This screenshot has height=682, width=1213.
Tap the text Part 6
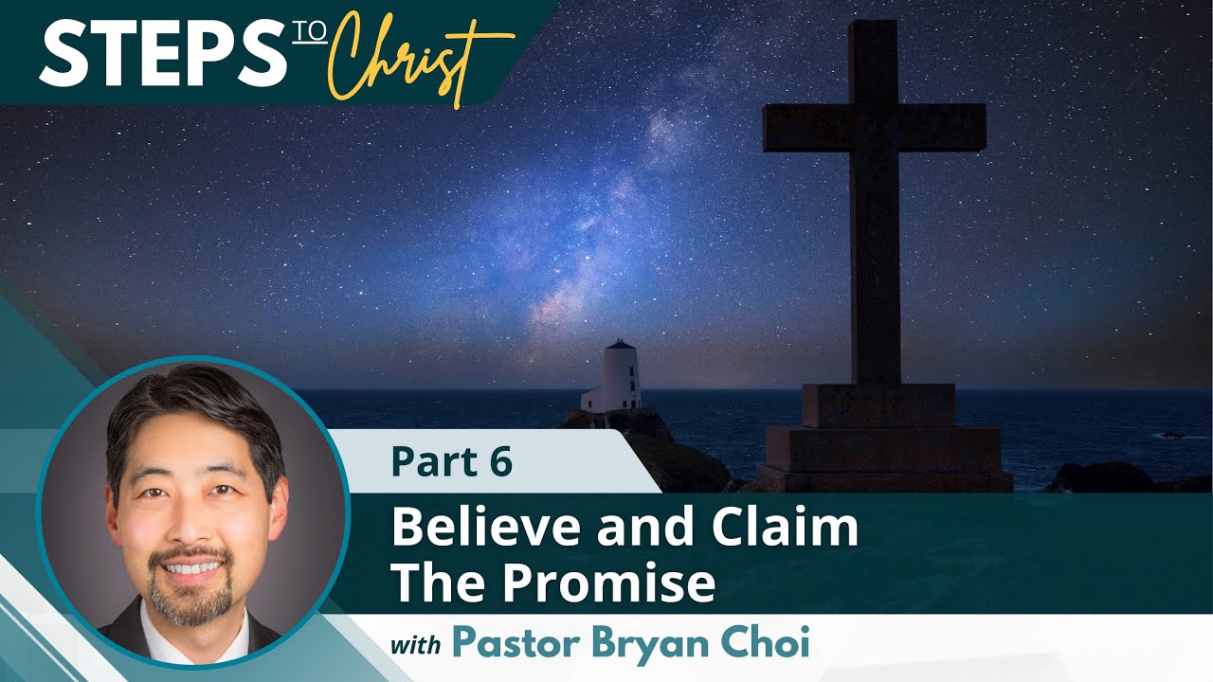(x=451, y=461)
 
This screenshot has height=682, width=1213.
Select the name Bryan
(x=643, y=645)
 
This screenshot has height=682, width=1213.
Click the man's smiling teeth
(x=192, y=568)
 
